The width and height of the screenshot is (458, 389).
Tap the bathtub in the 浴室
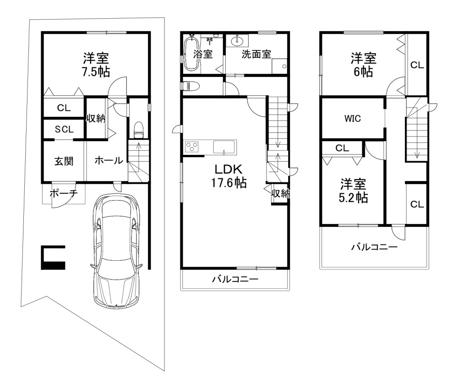[x=191, y=53]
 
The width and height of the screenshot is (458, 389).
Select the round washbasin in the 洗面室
[x=237, y=41]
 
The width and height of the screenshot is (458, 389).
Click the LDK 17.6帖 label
[x=229, y=176]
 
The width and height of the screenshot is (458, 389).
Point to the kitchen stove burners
[x=191, y=146]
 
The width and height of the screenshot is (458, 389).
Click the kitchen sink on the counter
[x=224, y=147]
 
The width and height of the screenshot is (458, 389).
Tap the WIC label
[x=353, y=118]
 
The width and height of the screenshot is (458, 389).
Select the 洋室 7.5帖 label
[x=96, y=65]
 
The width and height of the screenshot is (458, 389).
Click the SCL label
[x=64, y=129]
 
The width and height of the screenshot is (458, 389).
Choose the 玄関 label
[x=64, y=161]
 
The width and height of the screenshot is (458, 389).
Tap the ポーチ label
[x=64, y=193]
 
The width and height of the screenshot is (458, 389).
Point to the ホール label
[x=109, y=160]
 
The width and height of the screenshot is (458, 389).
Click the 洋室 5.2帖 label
[x=353, y=191]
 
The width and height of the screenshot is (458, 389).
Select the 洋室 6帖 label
[x=363, y=65]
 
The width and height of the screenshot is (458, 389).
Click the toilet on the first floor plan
[x=138, y=130]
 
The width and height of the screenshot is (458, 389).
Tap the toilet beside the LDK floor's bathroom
[x=190, y=86]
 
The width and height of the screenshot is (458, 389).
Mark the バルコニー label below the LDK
[x=235, y=279]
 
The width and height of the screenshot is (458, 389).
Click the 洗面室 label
[x=256, y=54]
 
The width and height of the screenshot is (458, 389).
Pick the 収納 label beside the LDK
[x=280, y=193]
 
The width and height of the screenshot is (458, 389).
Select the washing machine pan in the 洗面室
[x=279, y=66]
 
